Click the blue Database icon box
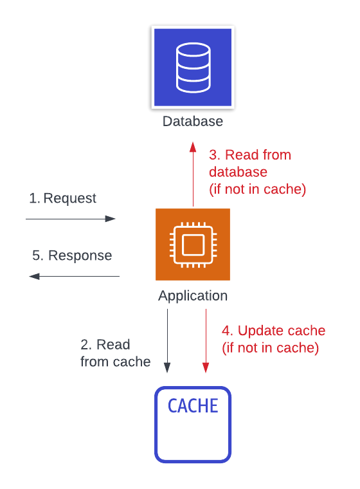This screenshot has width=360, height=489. (x=193, y=68)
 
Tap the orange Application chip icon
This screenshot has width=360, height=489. (x=193, y=244)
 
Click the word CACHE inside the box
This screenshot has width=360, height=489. (x=193, y=405)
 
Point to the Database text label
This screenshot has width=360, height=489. (x=193, y=121)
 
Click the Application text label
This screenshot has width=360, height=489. (x=193, y=296)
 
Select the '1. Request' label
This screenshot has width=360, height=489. (x=63, y=198)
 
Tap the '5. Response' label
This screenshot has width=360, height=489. (x=72, y=255)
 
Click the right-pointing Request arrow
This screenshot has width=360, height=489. (x=71, y=219)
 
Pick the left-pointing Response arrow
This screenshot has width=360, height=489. (x=73, y=276)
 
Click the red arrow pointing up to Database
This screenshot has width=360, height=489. (x=193, y=174)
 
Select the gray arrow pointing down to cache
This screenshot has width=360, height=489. (x=167, y=341)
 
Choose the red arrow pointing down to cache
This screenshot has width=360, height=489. (x=206, y=341)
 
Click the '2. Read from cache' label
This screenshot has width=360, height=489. (x=114, y=353)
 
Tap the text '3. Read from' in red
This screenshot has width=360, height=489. (x=250, y=155)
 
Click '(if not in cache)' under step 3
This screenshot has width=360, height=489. (x=257, y=190)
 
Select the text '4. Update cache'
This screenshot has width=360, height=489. (x=274, y=331)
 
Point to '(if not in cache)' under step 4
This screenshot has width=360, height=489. (x=270, y=348)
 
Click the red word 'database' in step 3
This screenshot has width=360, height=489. (x=238, y=172)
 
